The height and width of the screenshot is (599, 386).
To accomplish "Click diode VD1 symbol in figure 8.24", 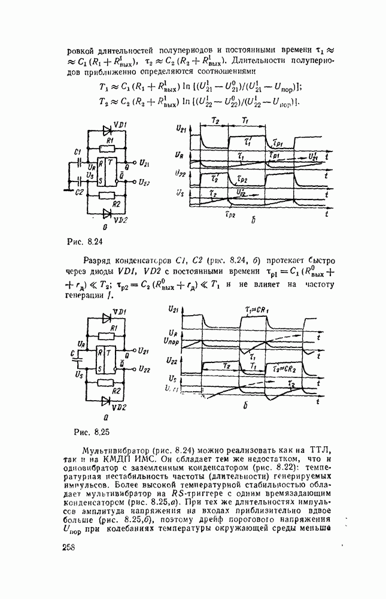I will (x=107, y=129).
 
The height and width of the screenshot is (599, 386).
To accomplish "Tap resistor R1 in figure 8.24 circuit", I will (x=108, y=146).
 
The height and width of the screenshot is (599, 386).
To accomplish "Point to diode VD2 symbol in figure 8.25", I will (x=107, y=400).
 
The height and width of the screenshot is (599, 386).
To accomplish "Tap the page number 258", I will (x=71, y=550).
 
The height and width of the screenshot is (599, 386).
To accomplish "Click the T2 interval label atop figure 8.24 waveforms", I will (x=216, y=121).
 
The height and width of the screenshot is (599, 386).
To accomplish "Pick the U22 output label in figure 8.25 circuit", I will (x=143, y=370).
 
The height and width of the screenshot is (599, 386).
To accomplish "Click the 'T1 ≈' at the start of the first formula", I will (x=106, y=86).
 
